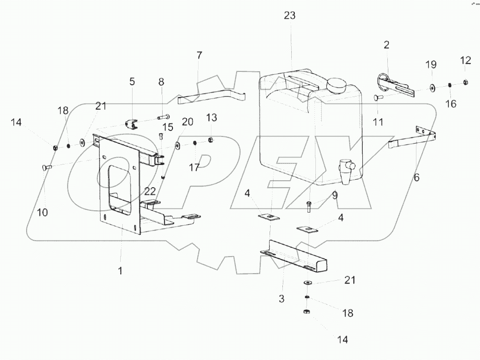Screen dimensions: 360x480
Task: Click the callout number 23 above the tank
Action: point(290,15)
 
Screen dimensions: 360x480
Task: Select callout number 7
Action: point(199,55)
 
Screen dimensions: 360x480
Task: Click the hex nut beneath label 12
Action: point(466,82)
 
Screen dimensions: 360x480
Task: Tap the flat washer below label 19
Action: point(432,88)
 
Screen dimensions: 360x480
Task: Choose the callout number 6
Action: point(416,177)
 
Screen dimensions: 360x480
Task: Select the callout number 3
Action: point(281,299)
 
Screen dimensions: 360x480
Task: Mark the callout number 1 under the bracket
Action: point(120,270)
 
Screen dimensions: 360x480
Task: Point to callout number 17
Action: point(194,167)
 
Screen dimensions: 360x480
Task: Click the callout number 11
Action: point(378,122)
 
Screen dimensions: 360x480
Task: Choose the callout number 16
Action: point(450,104)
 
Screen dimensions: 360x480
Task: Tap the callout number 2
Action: point(386,45)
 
